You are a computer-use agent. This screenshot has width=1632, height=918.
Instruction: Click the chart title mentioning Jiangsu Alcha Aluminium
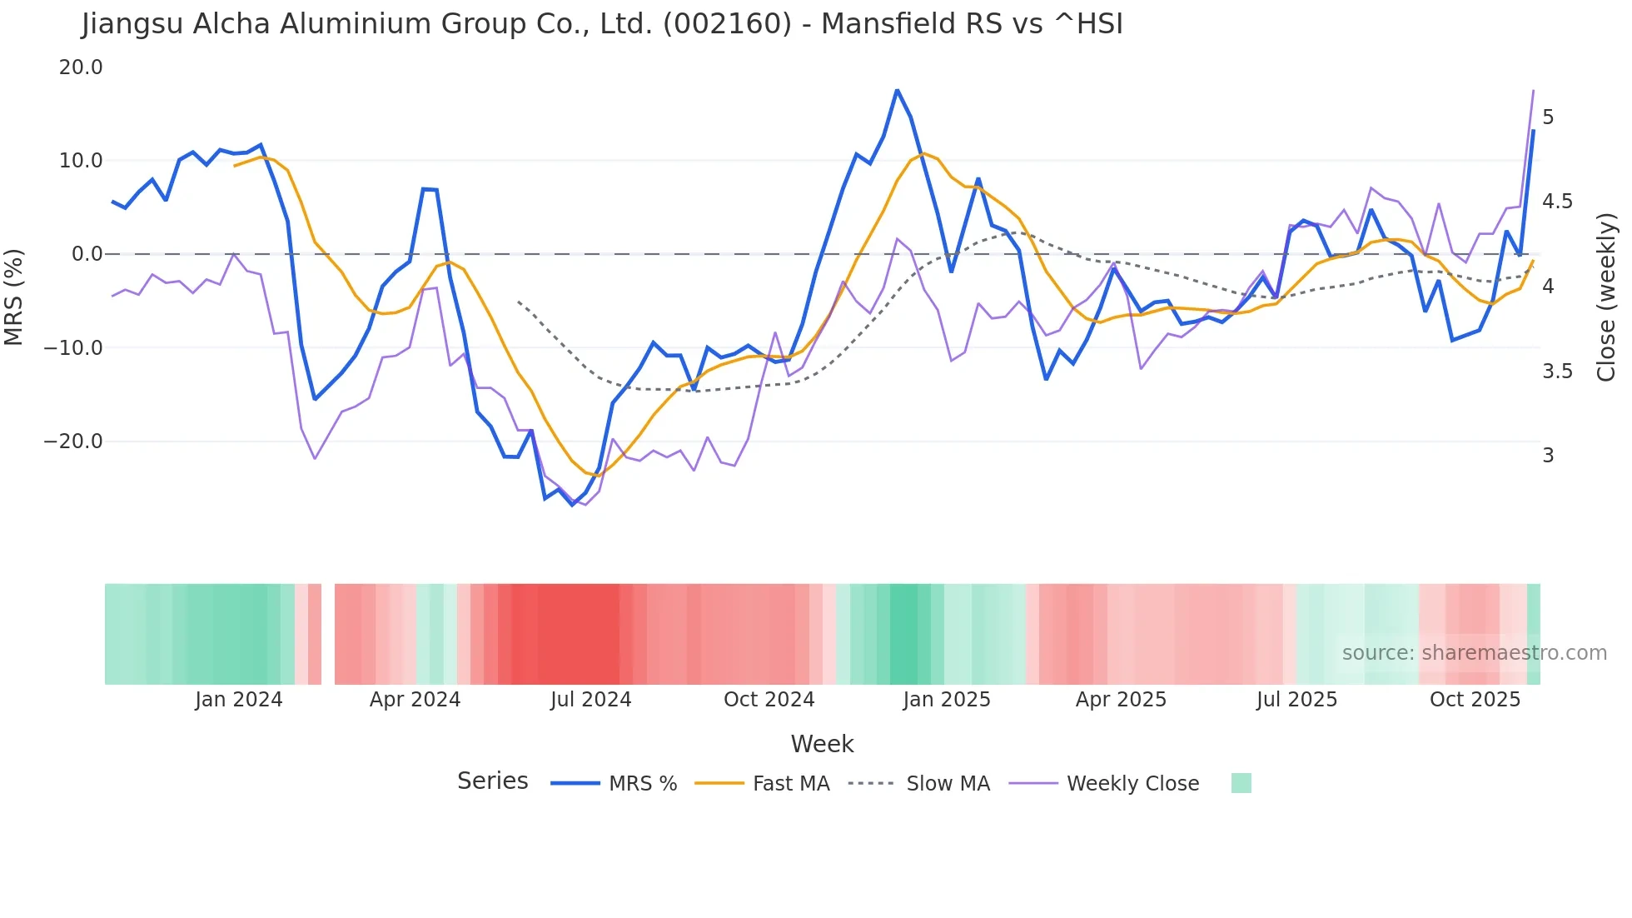point(602,24)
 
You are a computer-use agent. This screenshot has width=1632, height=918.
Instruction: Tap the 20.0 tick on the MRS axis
point(81,67)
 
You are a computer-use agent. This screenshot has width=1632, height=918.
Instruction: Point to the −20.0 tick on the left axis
point(73,442)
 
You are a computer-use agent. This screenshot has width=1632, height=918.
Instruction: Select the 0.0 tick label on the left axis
point(87,254)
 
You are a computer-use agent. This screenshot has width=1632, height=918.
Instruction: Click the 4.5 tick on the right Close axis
point(1557,202)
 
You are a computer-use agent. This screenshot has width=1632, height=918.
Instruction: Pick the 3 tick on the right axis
point(1548,456)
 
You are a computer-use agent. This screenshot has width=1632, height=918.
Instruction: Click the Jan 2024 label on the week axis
point(239,700)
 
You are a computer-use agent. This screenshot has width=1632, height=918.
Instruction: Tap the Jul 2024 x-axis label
point(590,700)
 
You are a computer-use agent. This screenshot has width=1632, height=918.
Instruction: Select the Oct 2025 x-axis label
point(1475,700)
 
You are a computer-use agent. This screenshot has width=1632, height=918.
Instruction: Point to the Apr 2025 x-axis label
point(1121,700)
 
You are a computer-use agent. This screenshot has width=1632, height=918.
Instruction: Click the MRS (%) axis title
point(14,297)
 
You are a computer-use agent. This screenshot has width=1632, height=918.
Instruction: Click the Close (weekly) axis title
point(1606,297)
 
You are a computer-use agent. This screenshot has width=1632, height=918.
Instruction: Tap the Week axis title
point(822,744)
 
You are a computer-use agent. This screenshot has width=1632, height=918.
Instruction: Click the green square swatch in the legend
point(1241,783)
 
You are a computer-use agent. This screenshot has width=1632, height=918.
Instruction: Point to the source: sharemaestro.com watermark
point(1474,653)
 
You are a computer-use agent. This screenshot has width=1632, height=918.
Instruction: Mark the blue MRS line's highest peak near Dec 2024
point(897,90)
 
